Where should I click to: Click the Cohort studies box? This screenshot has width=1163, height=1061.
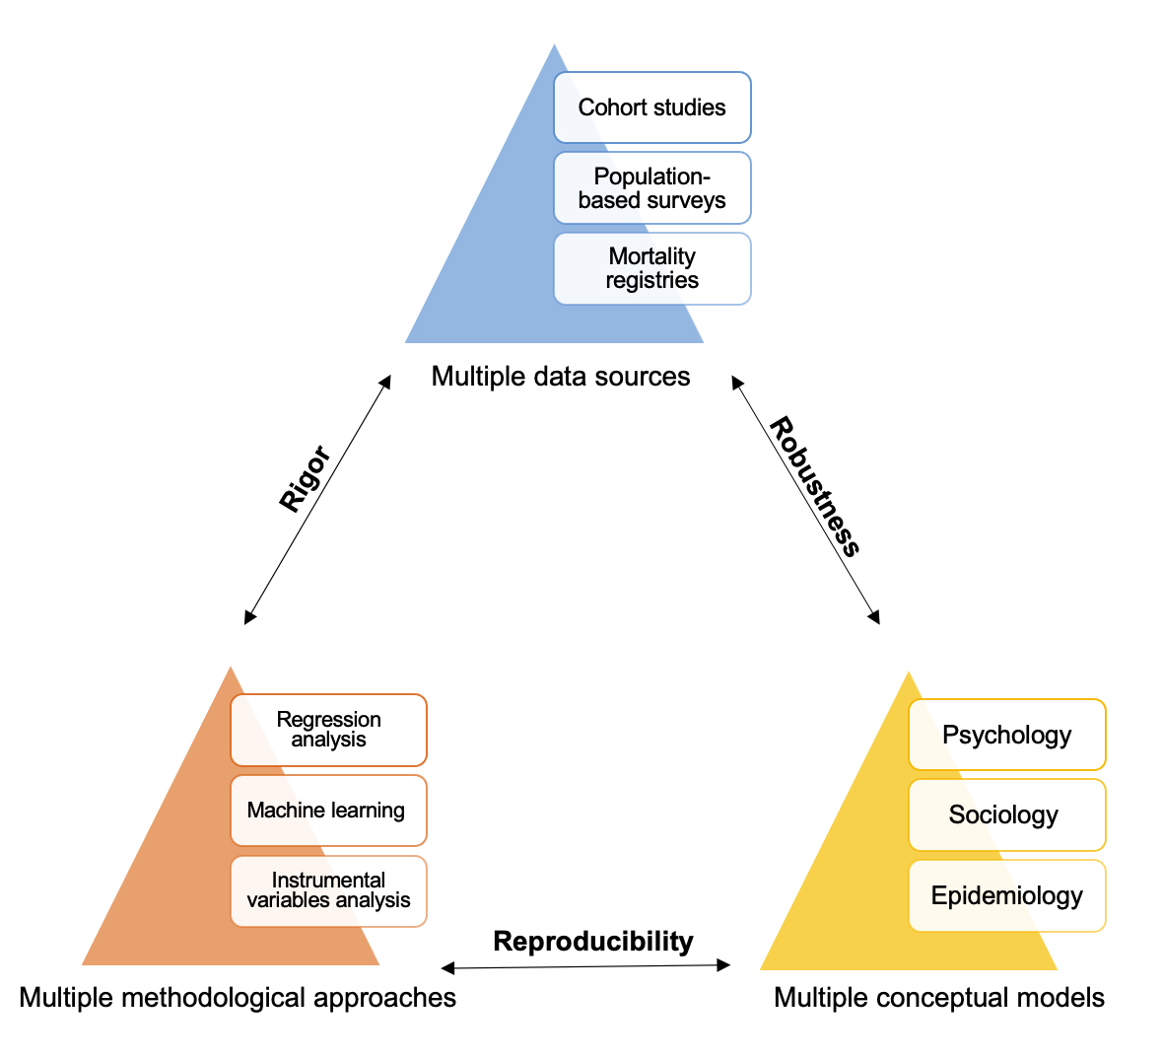pyautogui.click(x=651, y=107)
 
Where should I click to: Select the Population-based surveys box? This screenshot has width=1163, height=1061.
pyautogui.click(x=651, y=188)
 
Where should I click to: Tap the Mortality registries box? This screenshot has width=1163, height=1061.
pyautogui.click(x=651, y=268)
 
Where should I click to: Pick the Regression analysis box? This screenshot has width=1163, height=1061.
pyautogui.click(x=328, y=730)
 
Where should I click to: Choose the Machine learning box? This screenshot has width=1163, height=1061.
pyautogui.click(x=328, y=811)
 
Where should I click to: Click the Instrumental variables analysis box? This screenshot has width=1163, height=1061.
pyautogui.click(x=328, y=890)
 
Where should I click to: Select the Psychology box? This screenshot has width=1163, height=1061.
pyautogui.click(x=1006, y=735)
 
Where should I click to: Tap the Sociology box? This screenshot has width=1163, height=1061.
pyautogui.click(x=1006, y=815)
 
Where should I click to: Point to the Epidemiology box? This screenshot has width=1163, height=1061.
pyautogui.click(x=1006, y=895)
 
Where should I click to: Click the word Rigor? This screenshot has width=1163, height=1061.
pyautogui.click(x=304, y=479)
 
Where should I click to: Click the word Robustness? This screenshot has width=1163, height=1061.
pyautogui.click(x=815, y=487)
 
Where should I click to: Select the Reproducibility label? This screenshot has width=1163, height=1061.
pyautogui.click(x=593, y=941)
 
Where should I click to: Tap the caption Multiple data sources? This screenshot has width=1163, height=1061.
pyautogui.click(x=561, y=376)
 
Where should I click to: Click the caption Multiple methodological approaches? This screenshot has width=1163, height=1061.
pyautogui.click(x=238, y=997)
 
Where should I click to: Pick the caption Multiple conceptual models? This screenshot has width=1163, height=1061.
pyautogui.click(x=939, y=997)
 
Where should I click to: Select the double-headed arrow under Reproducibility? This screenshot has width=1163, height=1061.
pyautogui.click(x=586, y=966)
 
